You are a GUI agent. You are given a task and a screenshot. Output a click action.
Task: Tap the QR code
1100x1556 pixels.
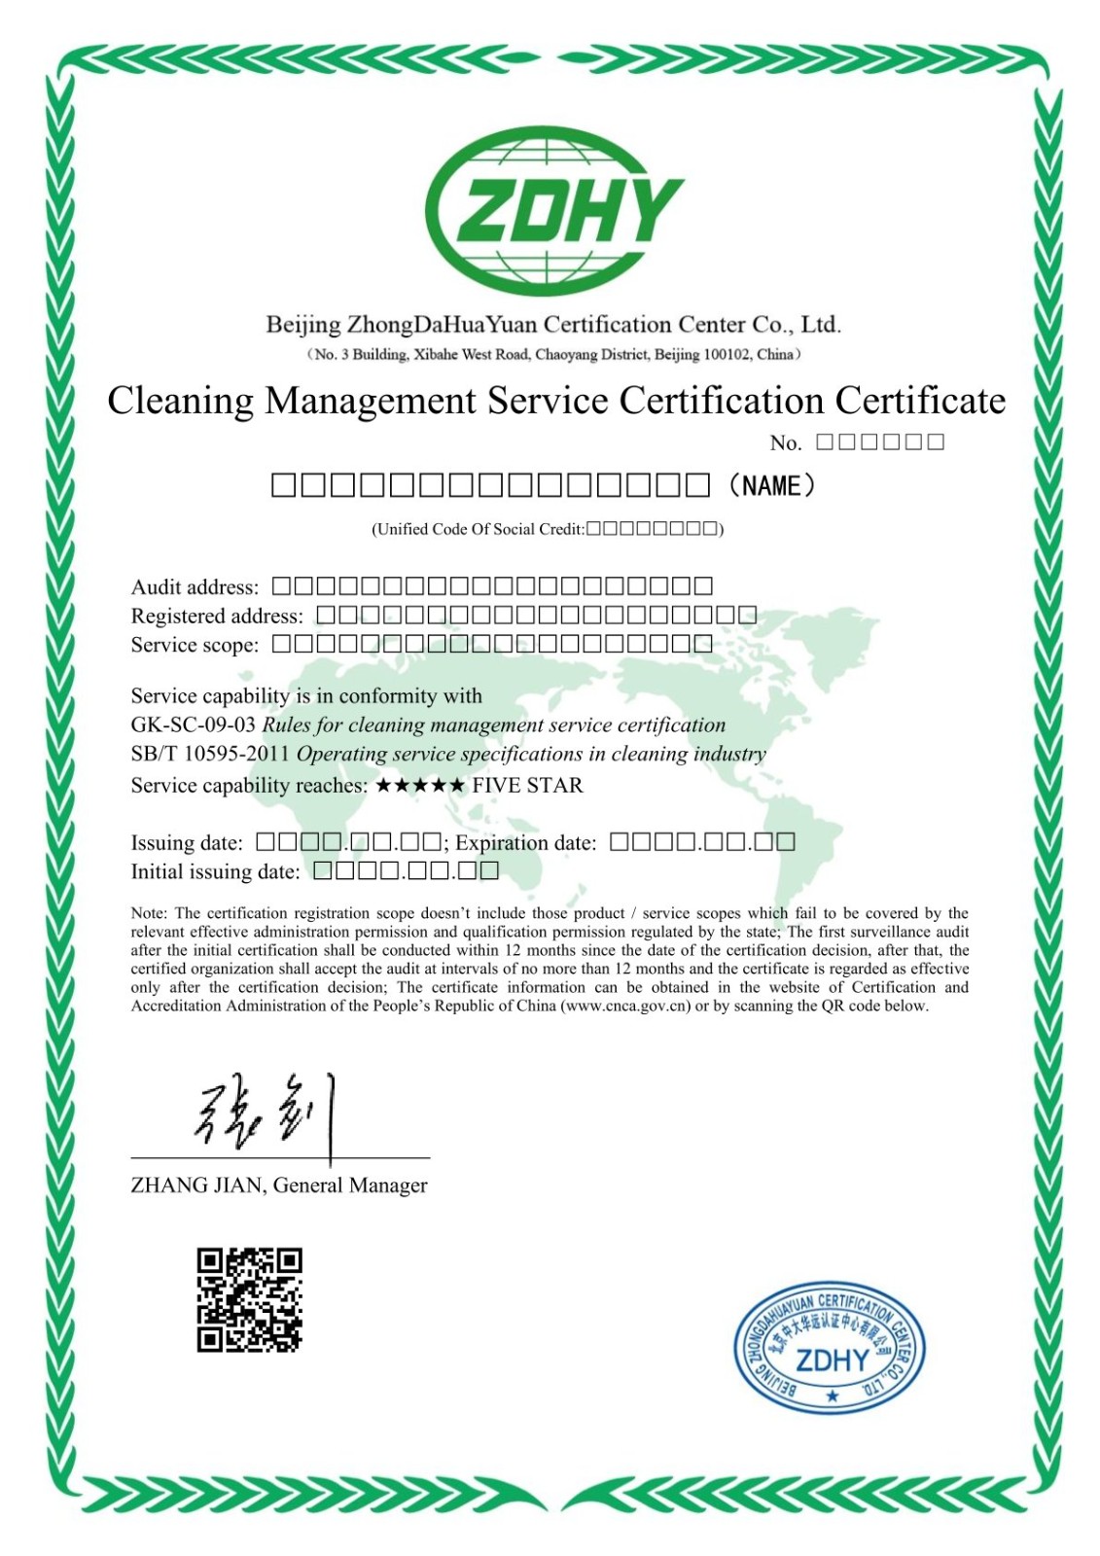[249, 1300]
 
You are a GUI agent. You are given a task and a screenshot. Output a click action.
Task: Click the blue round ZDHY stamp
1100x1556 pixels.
[829, 1344]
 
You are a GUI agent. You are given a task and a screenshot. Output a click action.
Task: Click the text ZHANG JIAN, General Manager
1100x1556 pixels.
[279, 1185]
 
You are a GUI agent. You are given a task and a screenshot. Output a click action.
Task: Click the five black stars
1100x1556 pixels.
[420, 785]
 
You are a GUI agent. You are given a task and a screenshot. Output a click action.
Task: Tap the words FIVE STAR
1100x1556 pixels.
[527, 785]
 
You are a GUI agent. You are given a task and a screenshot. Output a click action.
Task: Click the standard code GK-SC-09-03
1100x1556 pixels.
[193, 725]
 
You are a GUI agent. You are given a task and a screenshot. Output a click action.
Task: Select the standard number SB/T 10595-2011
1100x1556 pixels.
[210, 754]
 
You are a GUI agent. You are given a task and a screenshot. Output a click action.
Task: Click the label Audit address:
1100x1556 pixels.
[195, 586]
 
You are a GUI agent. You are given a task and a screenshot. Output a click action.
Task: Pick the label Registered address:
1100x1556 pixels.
[217, 616]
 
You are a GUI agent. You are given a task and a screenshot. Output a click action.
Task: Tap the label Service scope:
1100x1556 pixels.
[195, 645]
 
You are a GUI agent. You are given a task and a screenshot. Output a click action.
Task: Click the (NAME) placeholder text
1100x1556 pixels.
[771, 485]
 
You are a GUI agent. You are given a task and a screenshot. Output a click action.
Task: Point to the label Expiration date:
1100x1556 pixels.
[525, 842]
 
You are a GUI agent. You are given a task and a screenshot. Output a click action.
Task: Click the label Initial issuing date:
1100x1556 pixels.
[215, 871]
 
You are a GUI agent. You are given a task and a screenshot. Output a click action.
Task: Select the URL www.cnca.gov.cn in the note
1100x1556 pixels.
[624, 1006]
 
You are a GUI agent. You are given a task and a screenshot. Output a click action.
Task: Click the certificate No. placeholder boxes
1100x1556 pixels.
[880, 442]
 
